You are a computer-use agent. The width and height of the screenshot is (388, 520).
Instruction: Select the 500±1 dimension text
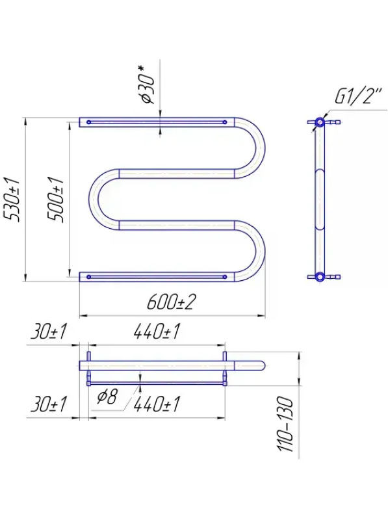click(x=55, y=200)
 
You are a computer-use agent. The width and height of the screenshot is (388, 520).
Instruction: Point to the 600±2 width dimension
click(x=172, y=302)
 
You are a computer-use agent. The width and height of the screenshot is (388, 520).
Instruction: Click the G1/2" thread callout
click(x=359, y=96)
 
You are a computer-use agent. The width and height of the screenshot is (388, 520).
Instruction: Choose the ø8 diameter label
click(x=107, y=396)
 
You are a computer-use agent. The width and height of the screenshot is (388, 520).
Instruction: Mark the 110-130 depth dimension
click(x=286, y=424)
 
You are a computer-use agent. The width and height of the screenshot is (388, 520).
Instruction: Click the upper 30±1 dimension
click(x=49, y=332)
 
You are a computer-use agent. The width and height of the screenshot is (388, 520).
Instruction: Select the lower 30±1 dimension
click(x=49, y=404)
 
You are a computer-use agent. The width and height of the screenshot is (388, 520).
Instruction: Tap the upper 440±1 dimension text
click(x=157, y=332)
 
